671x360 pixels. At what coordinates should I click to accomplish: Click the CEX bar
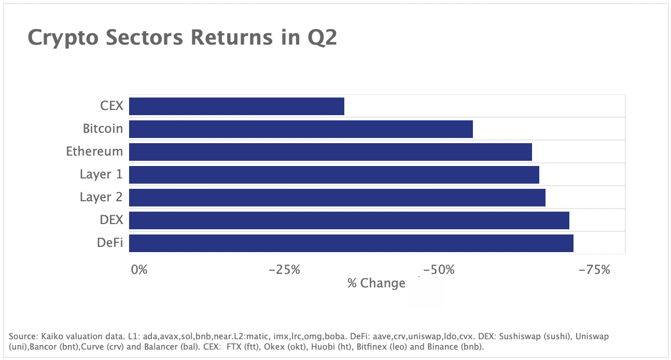[236, 106]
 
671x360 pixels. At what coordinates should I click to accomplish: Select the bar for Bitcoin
[301, 129]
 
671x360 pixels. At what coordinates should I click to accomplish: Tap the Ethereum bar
[330, 152]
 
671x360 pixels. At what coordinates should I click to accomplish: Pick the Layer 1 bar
[334, 175]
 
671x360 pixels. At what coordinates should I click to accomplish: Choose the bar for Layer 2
[337, 198]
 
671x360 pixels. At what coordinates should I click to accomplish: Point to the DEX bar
[349, 220]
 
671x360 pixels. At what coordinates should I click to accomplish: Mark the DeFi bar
[351, 243]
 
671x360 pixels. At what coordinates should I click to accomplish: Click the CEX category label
[111, 106]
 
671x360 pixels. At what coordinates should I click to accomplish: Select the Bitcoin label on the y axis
[103, 129]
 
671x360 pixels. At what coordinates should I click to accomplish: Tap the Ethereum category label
[94, 151]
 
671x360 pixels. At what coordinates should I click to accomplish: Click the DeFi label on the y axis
[110, 243]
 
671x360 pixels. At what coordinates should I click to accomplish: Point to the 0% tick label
[139, 270]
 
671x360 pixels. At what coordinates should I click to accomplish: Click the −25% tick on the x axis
[285, 270]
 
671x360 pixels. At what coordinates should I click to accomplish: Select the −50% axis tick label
[439, 270]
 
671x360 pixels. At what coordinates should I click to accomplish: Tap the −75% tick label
[594, 270]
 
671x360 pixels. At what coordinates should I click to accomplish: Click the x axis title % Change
[376, 283]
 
